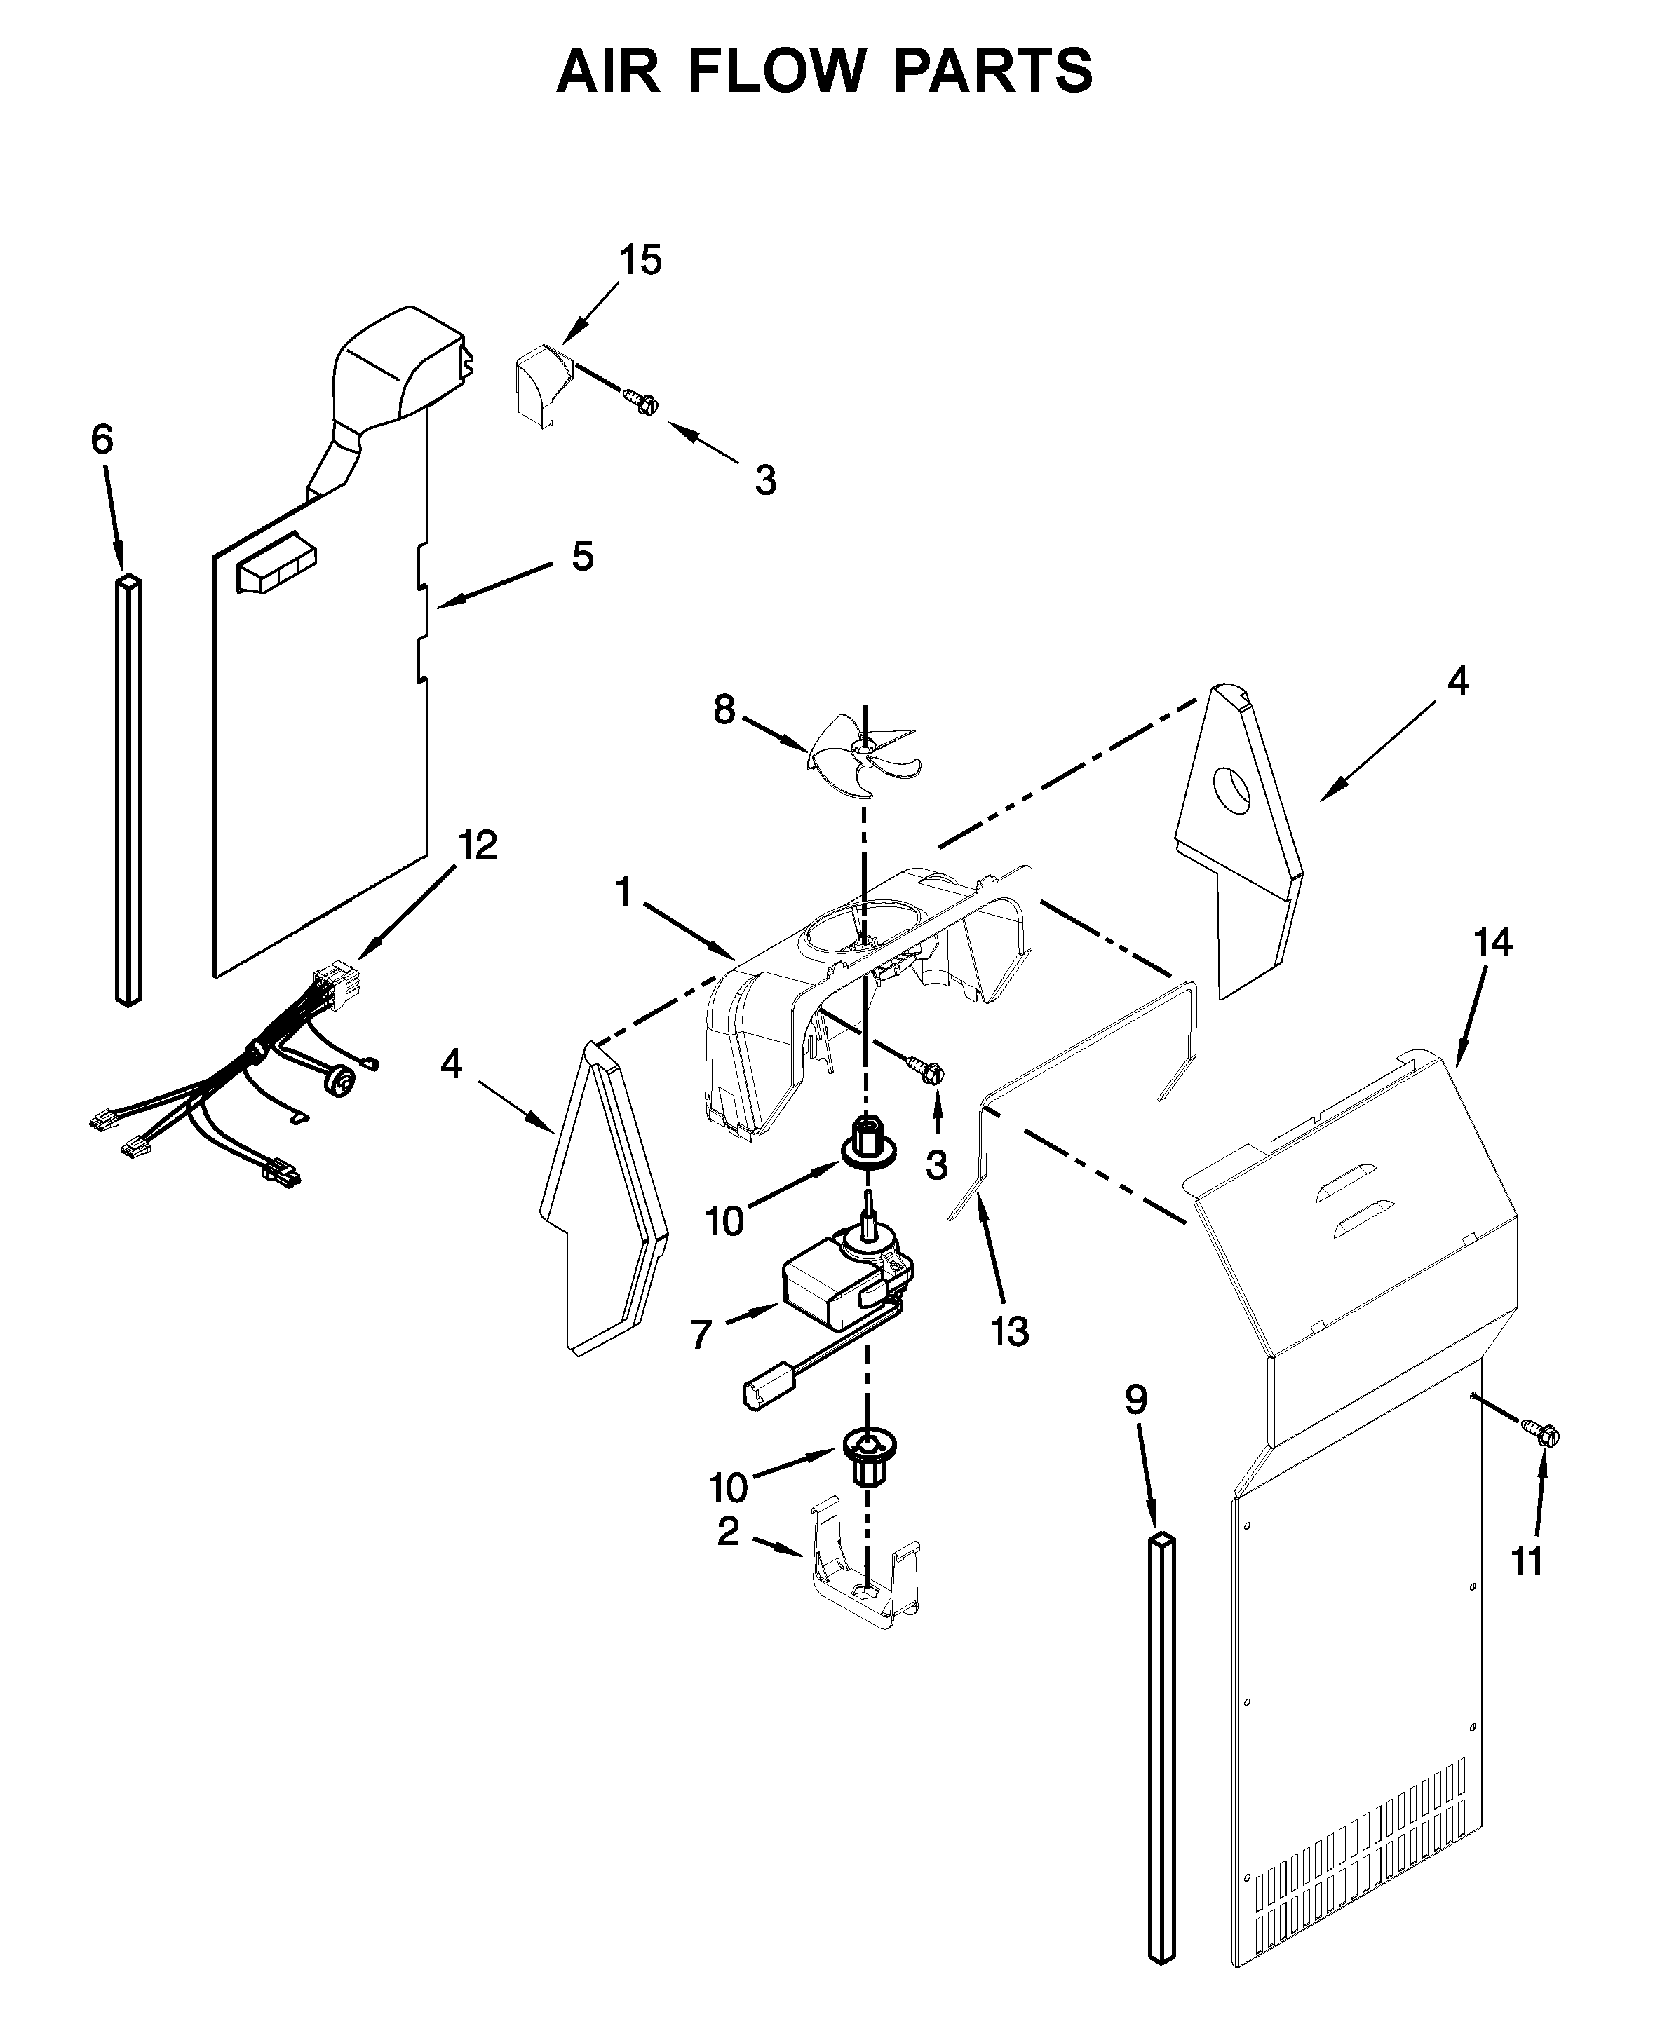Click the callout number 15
640,260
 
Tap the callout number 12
478,845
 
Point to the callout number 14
1492,942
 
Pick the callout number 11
1527,1561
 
